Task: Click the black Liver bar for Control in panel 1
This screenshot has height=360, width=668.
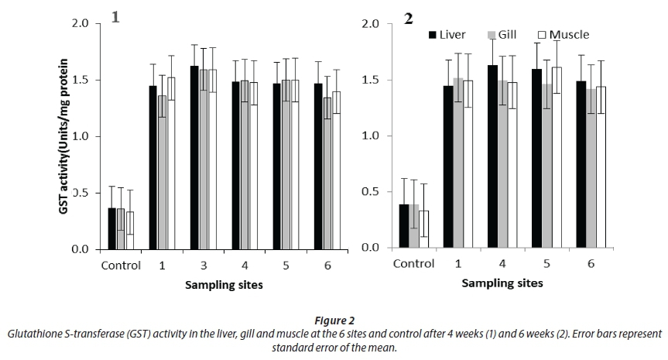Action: point(111,229)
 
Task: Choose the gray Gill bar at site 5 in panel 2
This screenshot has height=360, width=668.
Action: point(546,166)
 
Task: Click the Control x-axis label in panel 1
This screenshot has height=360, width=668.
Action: point(121,266)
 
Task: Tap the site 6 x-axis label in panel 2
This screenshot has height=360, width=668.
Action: point(591,263)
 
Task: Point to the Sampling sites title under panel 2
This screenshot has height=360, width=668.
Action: point(502,283)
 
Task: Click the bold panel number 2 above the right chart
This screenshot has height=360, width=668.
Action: point(408,19)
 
